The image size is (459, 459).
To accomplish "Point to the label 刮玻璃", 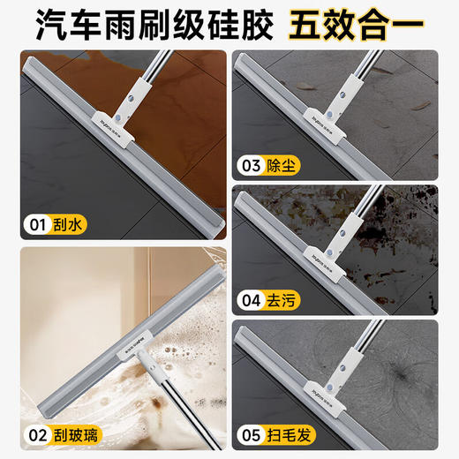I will click(x=78, y=433).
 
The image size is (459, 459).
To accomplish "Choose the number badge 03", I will click(x=254, y=164).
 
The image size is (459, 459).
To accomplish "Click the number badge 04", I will click(x=254, y=301).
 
